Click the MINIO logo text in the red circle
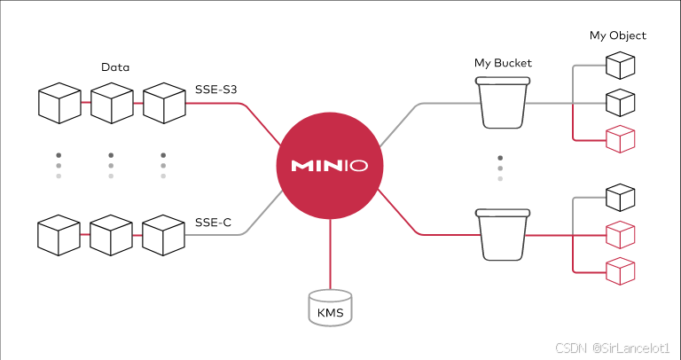pyautogui.click(x=330, y=166)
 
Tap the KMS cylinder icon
pyautogui.click(x=330, y=307)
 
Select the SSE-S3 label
pyautogui.click(x=215, y=90)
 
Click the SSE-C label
pyautogui.click(x=213, y=223)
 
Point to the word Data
pyautogui.click(x=116, y=67)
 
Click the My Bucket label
pyautogui.click(x=502, y=63)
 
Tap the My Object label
pyautogui.click(x=618, y=36)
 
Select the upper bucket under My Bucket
pyautogui.click(x=502, y=102)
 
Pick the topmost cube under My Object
pyautogui.click(x=620, y=66)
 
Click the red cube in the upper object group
pyautogui.click(x=620, y=139)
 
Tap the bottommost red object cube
pyautogui.click(x=620, y=270)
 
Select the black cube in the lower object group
pyautogui.click(x=620, y=198)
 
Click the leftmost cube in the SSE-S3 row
pyautogui.click(x=59, y=103)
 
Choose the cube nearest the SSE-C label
pyautogui.click(x=164, y=235)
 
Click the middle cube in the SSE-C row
pyautogui.click(x=112, y=235)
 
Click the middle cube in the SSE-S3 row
pyautogui.click(x=112, y=103)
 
